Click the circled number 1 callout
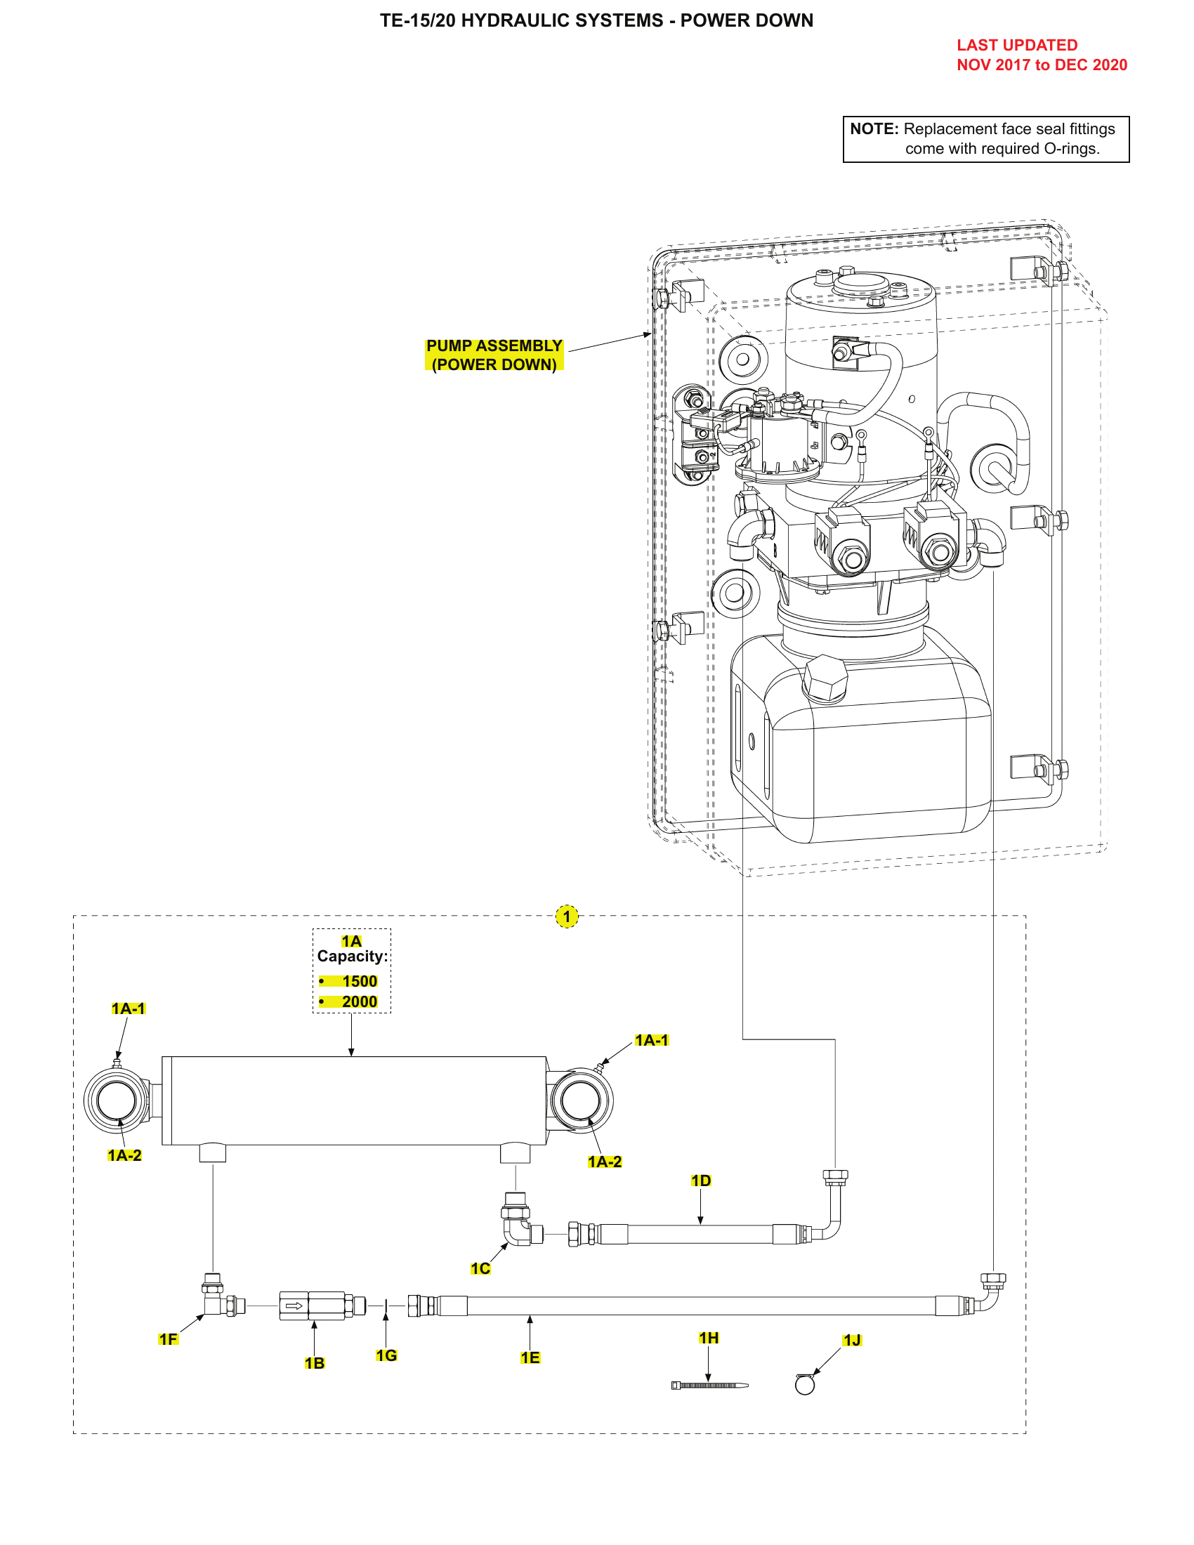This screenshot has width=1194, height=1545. point(567,916)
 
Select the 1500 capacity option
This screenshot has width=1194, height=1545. point(360,981)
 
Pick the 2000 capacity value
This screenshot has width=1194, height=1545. point(360,1001)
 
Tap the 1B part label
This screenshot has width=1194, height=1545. point(315,1363)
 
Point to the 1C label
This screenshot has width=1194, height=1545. point(480,1268)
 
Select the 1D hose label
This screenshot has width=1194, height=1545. point(700,1181)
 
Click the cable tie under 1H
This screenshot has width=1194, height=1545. point(709,1385)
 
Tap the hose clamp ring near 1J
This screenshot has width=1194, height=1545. point(805,1385)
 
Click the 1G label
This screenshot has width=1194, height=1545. point(386,1355)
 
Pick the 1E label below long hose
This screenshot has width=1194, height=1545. point(530,1357)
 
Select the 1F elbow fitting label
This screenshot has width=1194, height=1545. point(169,1339)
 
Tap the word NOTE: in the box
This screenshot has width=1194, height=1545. point(874,129)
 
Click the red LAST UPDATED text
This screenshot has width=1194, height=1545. point(1016,45)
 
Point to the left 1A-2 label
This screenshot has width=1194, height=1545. point(124,1155)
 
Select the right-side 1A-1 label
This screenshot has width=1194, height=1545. point(651,1040)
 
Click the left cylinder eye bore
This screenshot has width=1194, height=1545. point(117,1100)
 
